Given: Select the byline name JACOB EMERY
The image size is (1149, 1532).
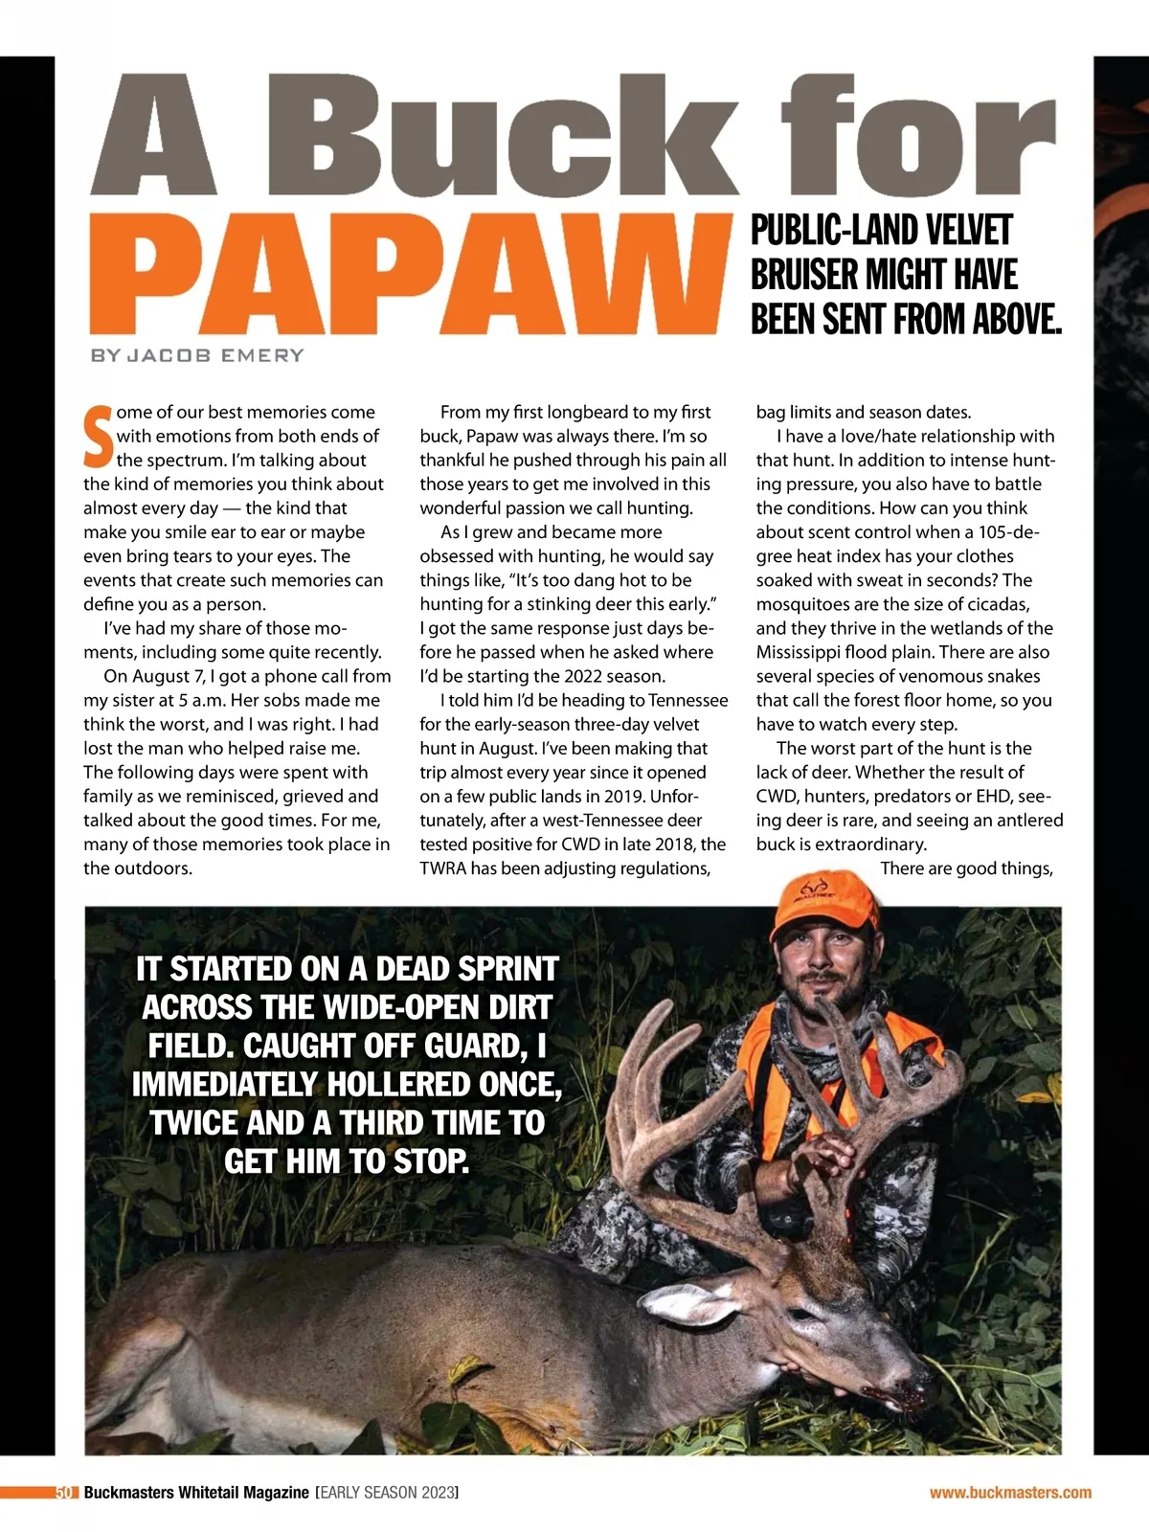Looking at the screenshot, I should pyautogui.click(x=215, y=355).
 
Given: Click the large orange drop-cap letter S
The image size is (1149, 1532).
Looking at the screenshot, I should pyautogui.click(x=98, y=437).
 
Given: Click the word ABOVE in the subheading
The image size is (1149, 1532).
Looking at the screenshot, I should pyautogui.click(x=1017, y=319).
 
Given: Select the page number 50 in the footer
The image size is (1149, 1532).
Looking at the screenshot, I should pyautogui.click(x=64, y=1493).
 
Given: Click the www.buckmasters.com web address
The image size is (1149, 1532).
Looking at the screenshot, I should pyautogui.click(x=1010, y=1493).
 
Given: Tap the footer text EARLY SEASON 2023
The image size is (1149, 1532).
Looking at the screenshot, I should pyautogui.click(x=387, y=1493).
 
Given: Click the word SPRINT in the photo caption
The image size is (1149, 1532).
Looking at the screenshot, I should pyautogui.click(x=508, y=969).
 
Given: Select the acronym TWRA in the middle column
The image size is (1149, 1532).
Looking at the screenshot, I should pyautogui.click(x=443, y=868).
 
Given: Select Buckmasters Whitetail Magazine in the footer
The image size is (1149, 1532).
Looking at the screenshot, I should pyautogui.click(x=196, y=1493).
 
